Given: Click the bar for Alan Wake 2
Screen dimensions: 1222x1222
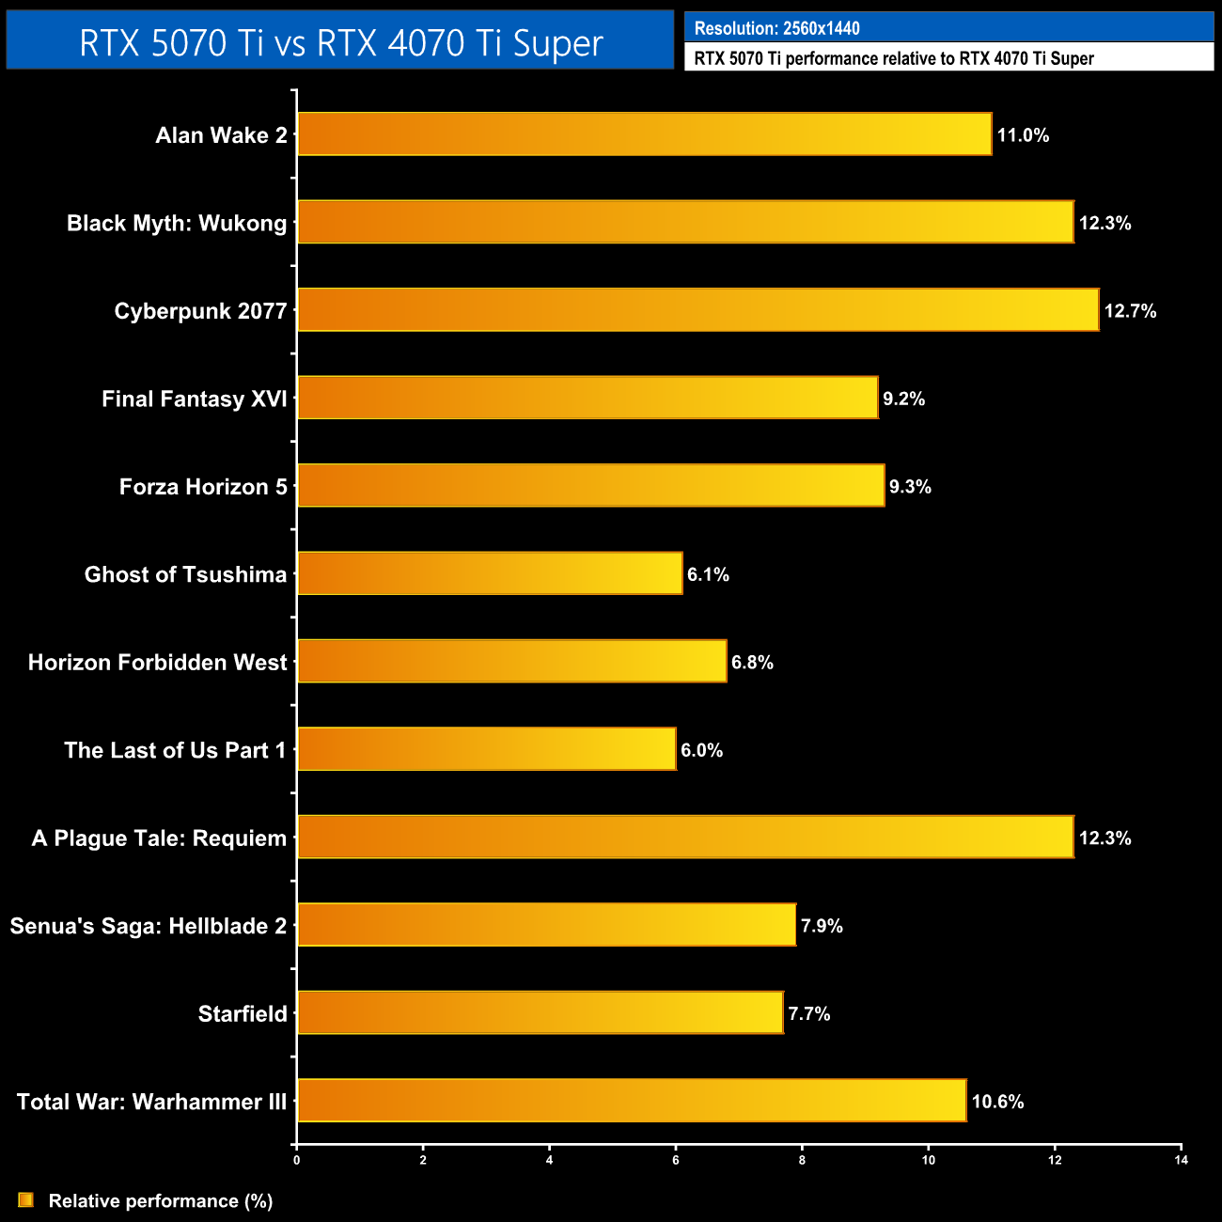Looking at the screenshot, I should point(644,134).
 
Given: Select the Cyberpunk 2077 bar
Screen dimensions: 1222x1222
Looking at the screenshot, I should point(697,310).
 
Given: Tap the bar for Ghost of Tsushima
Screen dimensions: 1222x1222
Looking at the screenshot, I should point(490,573).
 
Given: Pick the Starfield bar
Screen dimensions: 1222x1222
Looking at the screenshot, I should point(540,1012).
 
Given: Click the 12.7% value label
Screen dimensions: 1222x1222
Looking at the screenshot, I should point(1130,311).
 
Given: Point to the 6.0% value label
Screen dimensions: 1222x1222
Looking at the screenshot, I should point(701,750).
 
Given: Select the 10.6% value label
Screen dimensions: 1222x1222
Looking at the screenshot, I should point(997,1102).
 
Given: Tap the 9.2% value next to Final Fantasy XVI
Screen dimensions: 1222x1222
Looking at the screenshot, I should point(903,399).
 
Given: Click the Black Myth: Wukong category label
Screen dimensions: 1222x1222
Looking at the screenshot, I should point(177,223).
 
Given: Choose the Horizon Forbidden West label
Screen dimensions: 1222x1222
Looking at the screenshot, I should point(157,663).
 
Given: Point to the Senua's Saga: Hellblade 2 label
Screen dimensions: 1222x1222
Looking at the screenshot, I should point(149,926).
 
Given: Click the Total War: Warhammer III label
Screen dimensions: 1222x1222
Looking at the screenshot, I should point(151,1102).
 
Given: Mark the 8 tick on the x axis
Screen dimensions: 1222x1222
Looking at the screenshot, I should point(802,1160).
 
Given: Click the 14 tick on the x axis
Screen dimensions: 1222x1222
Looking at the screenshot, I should point(1181,1160).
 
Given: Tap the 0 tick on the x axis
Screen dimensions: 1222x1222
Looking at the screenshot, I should point(297,1160).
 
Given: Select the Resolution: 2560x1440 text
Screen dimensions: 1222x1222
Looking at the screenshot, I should point(776,28).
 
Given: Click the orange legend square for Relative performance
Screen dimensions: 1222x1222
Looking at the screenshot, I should point(25,1200).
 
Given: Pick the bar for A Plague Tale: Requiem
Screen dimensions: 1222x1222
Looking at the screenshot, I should point(685,837).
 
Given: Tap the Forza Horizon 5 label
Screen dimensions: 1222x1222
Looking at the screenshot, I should point(203,487).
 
